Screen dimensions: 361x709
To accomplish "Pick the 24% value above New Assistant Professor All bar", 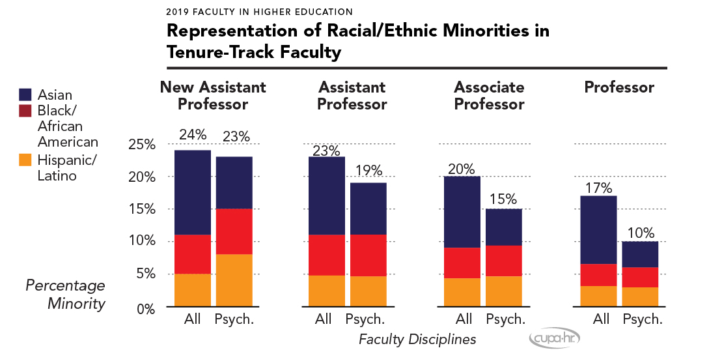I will pyautogui.click(x=192, y=136).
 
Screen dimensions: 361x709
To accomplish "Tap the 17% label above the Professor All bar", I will pyautogui.click(x=598, y=188).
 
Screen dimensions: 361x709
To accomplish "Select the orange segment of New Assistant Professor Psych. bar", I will pyautogui.click(x=234, y=280).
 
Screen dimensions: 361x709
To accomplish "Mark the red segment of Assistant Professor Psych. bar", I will pyautogui.click(x=368, y=255).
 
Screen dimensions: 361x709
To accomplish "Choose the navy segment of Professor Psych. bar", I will pyautogui.click(x=640, y=254).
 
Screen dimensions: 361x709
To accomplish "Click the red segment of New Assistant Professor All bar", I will pyautogui.click(x=192, y=254).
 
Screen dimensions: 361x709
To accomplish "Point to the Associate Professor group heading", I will pyautogui.click(x=489, y=96).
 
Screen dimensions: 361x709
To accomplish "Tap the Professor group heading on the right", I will pyautogui.click(x=619, y=87).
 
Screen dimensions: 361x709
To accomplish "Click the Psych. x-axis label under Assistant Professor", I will pyautogui.click(x=365, y=319).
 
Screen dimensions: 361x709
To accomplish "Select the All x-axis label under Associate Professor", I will pyautogui.click(x=464, y=319).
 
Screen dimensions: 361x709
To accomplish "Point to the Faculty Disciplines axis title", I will pyautogui.click(x=417, y=339).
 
